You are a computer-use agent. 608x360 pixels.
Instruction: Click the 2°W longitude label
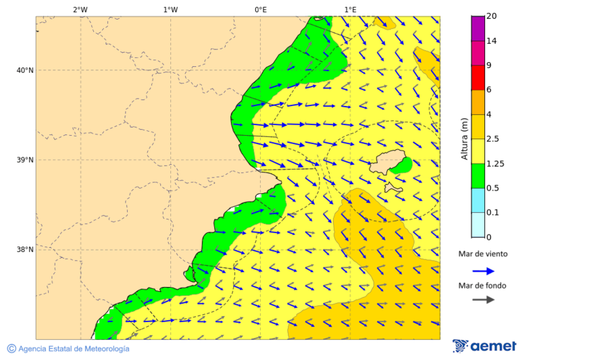[80, 9]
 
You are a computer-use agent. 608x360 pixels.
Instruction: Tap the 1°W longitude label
[170, 9]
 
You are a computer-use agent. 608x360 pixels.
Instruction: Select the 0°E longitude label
[260, 9]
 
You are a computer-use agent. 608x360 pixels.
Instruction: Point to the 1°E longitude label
[350, 9]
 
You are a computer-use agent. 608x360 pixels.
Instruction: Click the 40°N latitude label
[25, 70]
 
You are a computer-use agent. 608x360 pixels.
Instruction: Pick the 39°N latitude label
[25, 160]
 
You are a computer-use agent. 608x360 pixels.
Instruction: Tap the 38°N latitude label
[25, 250]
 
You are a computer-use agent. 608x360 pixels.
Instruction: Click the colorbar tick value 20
[492, 16]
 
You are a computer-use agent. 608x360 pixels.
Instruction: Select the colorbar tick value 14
[492, 41]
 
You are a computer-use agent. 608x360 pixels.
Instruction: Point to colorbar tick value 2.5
[494, 139]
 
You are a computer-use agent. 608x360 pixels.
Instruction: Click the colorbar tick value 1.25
[496, 163]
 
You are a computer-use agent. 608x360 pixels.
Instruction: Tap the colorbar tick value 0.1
[494, 213]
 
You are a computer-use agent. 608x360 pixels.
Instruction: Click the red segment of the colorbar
[478, 78]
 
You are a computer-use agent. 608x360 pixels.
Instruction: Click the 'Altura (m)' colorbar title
[464, 139]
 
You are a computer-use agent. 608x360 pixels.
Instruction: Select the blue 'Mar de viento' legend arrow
[483, 271]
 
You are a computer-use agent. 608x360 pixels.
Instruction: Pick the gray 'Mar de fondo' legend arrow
[483, 300]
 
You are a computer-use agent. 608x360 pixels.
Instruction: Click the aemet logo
[484, 346]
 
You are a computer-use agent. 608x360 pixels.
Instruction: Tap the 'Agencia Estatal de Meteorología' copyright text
[68, 349]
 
